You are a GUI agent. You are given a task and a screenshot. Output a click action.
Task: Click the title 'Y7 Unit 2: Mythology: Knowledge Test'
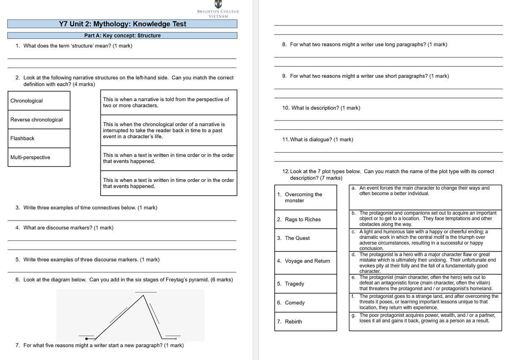click(x=123, y=24)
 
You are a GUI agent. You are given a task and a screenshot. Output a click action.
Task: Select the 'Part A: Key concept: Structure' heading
click(x=123, y=35)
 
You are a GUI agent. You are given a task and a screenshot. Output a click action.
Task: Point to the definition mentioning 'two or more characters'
click(x=168, y=102)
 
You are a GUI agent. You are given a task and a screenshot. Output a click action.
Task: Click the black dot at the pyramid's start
click(x=87, y=338)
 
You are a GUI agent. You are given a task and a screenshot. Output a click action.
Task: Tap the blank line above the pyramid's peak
click(x=145, y=292)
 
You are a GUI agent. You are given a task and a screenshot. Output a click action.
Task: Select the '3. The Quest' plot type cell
click(x=306, y=238)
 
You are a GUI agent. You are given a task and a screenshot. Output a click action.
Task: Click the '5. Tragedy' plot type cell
click(x=306, y=284)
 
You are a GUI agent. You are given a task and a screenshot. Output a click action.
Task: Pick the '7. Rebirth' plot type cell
click(x=306, y=322)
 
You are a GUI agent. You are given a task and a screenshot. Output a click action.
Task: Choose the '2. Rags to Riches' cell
click(x=306, y=219)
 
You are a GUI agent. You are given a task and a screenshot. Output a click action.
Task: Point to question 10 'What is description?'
click(x=321, y=108)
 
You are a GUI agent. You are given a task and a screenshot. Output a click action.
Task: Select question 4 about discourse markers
click(x=64, y=228)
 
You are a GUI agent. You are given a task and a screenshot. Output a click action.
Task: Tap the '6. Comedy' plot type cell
click(x=306, y=303)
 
